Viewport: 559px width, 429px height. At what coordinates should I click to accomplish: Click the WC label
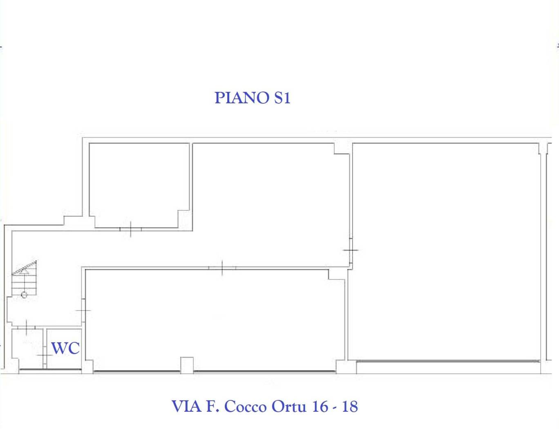click(x=65, y=348)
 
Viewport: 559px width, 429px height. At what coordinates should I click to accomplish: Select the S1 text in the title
click(x=282, y=98)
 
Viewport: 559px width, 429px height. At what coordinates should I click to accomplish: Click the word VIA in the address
click(x=186, y=407)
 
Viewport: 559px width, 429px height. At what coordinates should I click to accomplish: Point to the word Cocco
click(x=246, y=407)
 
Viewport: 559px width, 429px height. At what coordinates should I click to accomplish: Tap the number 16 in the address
click(x=320, y=407)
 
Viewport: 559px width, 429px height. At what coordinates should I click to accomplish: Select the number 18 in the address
click(x=350, y=407)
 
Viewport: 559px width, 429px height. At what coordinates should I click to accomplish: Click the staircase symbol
click(x=24, y=278)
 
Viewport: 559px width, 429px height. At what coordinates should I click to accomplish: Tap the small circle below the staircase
click(x=24, y=295)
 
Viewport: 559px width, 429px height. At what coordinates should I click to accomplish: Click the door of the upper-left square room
click(x=131, y=229)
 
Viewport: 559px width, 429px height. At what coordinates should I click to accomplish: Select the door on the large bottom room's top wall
click(x=222, y=268)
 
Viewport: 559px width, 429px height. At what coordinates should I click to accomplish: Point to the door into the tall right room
click(x=351, y=250)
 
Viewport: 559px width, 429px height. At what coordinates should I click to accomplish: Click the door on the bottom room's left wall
click(x=83, y=311)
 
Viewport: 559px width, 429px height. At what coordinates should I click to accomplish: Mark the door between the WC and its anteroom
click(x=45, y=355)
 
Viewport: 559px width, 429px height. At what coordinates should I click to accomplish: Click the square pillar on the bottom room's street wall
click(x=187, y=366)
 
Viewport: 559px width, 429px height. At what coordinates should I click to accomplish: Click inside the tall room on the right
click(x=445, y=252)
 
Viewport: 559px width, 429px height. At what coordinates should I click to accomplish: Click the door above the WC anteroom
click(x=27, y=327)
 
